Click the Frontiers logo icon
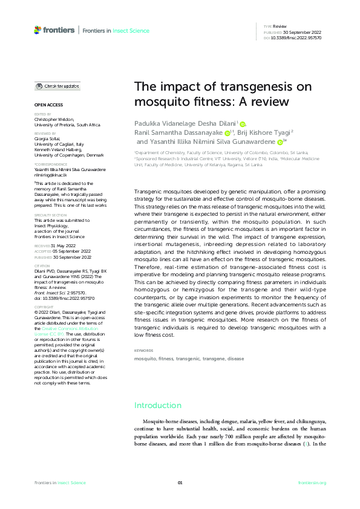tap(38, 29)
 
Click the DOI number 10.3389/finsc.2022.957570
tap(297, 37)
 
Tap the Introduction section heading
tap(158, 405)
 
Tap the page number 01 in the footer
tap(180, 482)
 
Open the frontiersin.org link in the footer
tap(312, 482)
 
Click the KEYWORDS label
tap(144, 351)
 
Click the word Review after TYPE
tap(280, 27)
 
